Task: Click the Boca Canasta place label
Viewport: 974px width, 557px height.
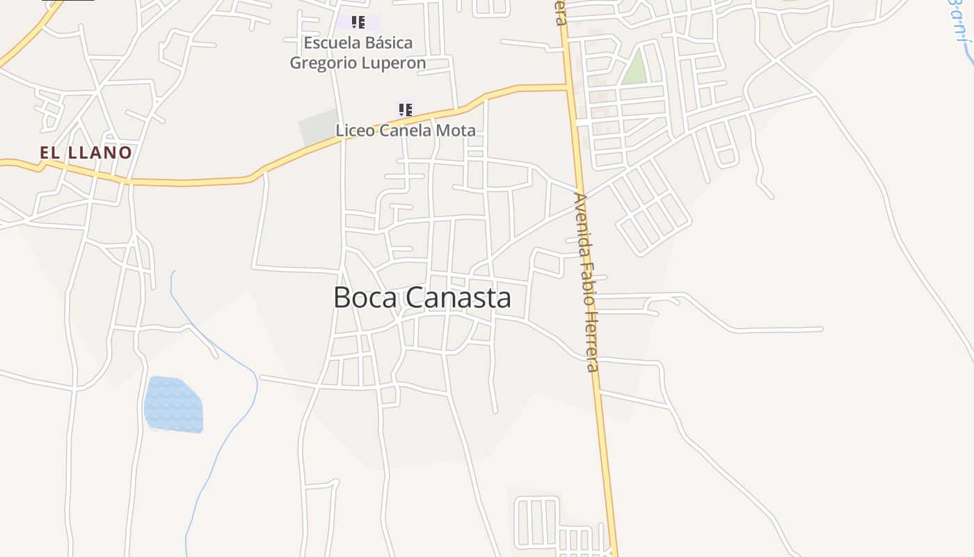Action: point(422,297)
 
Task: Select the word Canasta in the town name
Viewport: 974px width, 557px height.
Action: point(458,297)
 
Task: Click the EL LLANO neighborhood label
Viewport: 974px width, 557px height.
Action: point(86,152)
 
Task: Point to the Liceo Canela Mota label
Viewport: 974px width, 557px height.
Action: point(406,130)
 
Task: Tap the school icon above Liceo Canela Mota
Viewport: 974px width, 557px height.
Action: point(405,109)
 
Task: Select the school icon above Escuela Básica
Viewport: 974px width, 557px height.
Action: point(358,22)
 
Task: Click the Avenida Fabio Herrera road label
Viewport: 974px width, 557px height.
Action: point(586,281)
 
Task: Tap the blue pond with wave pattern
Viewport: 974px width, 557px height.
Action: point(173,405)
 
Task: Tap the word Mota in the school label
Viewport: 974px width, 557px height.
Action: point(456,130)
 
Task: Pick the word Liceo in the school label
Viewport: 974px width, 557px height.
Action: point(356,130)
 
